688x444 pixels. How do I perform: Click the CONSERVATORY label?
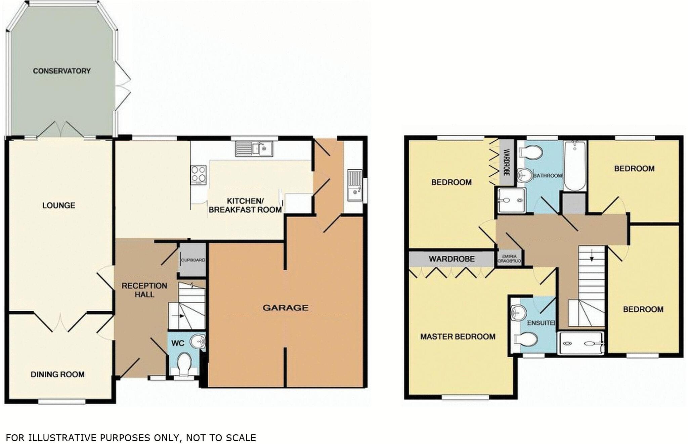(x=62, y=71)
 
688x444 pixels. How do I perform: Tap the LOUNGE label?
(x=59, y=205)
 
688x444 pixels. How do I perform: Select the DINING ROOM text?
(x=57, y=374)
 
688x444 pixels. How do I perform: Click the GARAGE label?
(x=285, y=308)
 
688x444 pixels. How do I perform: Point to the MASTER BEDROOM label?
(x=458, y=337)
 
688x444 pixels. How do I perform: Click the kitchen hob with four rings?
(x=199, y=175)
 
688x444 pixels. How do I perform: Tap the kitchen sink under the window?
(x=255, y=148)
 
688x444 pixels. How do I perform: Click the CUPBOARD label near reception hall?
(x=193, y=260)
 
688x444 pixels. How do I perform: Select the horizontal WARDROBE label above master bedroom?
(x=451, y=259)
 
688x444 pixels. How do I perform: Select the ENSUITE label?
(x=541, y=323)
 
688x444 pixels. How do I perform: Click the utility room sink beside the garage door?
(x=355, y=185)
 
